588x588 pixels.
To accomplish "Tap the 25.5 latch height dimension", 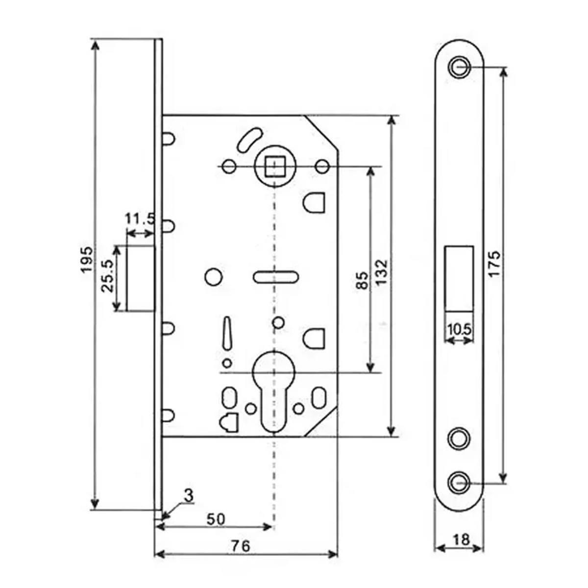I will [108, 276].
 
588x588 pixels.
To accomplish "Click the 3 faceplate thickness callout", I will [188, 495].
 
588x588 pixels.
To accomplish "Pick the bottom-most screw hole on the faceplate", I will [459, 482].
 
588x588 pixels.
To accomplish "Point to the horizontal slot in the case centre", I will [275, 277].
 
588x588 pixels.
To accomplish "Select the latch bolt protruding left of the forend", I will [141, 278].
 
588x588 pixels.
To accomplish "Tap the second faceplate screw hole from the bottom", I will [459, 438].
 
